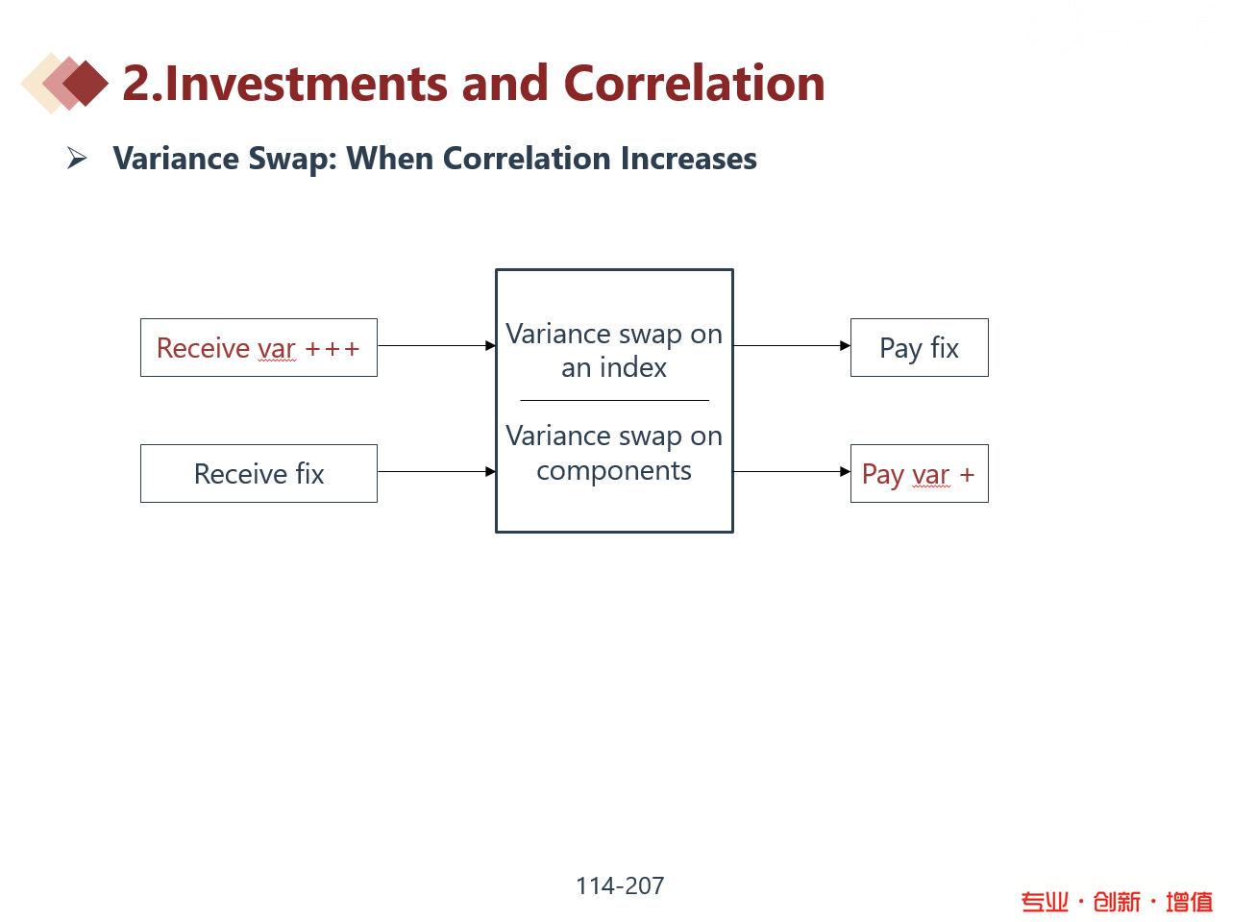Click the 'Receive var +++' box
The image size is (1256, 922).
click(x=259, y=348)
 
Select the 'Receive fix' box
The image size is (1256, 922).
click(x=259, y=474)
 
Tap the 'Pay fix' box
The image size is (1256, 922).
click(x=920, y=348)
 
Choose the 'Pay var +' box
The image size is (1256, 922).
click(x=920, y=474)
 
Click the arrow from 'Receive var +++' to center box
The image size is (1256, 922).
click(x=437, y=345)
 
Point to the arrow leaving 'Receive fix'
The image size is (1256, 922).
click(x=437, y=472)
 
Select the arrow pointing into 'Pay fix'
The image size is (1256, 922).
click(x=792, y=345)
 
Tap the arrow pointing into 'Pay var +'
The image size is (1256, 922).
click(x=792, y=472)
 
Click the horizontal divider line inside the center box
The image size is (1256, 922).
click(x=614, y=400)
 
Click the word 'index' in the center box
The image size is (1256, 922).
click(x=633, y=368)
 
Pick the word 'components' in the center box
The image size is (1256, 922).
click(x=614, y=471)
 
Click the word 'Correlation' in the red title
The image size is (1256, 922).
click(x=694, y=83)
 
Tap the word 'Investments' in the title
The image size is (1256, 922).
click(x=307, y=83)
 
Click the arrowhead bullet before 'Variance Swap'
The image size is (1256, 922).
click(x=77, y=158)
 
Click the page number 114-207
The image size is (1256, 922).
click(x=620, y=886)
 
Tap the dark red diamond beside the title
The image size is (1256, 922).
click(x=86, y=83)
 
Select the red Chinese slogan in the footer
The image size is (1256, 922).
click(x=1117, y=903)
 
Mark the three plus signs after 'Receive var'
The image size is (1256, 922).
click(x=332, y=349)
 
